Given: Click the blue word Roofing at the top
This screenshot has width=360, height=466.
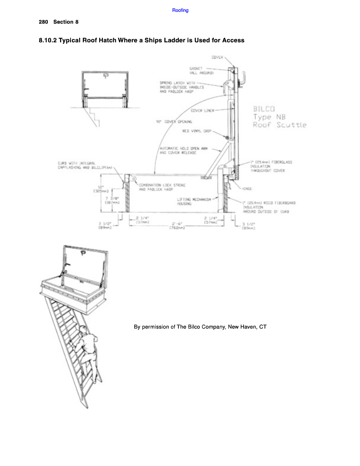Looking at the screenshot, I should coord(180,10).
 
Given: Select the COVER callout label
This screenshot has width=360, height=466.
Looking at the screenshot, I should coord(217,57).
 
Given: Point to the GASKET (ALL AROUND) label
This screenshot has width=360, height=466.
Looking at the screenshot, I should coord(199,71).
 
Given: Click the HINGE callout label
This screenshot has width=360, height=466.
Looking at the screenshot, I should coord(248,188).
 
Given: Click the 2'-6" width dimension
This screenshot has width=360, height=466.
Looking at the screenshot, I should coord(177,223).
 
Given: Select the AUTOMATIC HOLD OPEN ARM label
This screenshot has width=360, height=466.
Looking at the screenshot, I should coord(178,151).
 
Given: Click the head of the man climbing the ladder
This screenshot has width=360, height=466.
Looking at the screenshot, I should coord(83,329).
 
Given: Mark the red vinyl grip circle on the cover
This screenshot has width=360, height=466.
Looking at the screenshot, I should coord(227,137).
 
